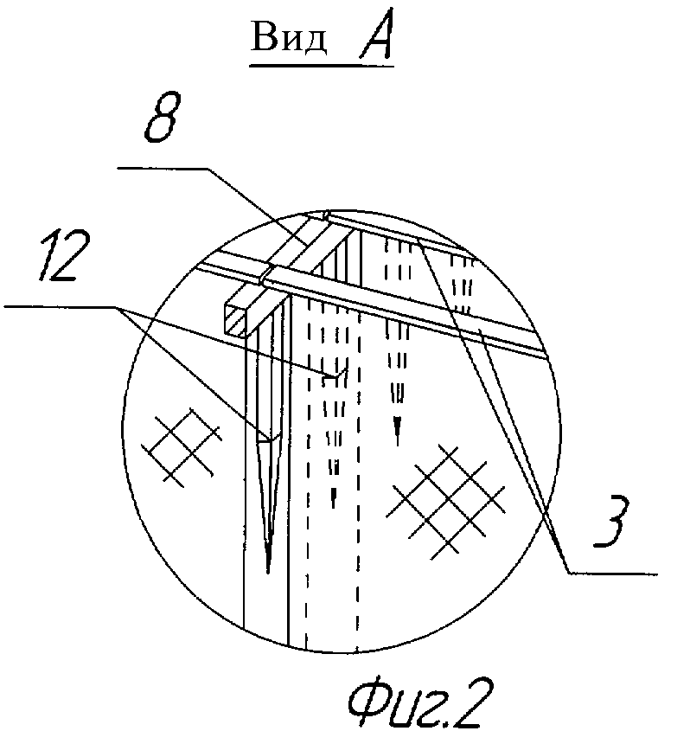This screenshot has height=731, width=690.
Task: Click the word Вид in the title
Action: (289, 37)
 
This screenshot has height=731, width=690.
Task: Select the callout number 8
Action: (162, 116)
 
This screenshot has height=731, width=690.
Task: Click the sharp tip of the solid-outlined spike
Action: (268, 573)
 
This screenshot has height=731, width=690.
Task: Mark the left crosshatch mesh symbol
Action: (182, 446)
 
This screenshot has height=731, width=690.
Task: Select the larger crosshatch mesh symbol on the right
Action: (446, 502)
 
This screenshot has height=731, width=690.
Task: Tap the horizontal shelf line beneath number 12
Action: (61, 306)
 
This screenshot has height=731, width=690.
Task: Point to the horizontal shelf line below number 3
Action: (613, 573)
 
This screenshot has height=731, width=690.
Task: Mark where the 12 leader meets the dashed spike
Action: (334, 375)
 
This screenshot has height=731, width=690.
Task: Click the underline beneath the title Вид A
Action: (322, 66)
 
